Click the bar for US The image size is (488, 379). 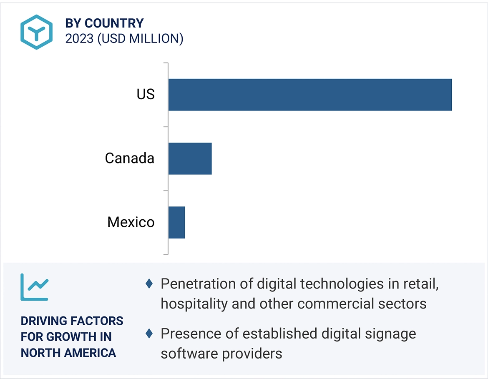click(x=310, y=95)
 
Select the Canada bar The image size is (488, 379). click(x=190, y=158)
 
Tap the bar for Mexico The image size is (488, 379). click(x=176, y=222)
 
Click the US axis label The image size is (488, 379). click(x=146, y=95)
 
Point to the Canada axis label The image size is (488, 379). click(x=129, y=158)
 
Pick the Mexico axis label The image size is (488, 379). click(x=131, y=222)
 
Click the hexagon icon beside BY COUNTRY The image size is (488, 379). click(x=37, y=32)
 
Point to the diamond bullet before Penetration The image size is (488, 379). click(x=149, y=284)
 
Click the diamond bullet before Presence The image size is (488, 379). click(x=149, y=334)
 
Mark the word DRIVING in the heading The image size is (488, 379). click(x=44, y=321)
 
